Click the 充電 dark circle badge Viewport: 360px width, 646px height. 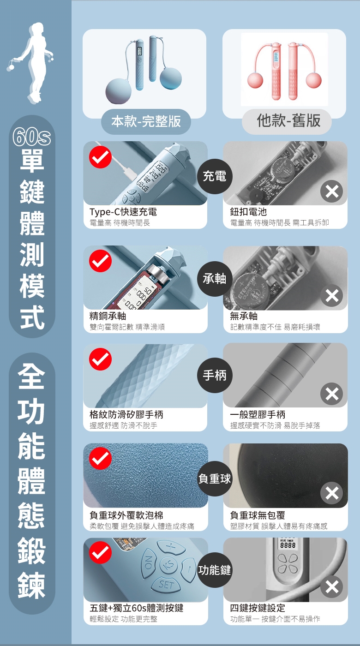click(215, 176)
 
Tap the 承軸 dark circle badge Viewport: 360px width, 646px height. click(215, 279)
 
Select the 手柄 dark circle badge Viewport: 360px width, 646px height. click(215, 375)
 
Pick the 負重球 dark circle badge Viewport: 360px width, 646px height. click(215, 479)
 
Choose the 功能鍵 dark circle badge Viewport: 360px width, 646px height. click(215, 570)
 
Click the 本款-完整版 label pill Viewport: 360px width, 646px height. click(146, 121)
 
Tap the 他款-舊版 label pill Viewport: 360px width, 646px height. click(287, 121)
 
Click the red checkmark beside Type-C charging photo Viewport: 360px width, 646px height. click(101, 157)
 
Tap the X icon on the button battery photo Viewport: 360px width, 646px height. click(332, 191)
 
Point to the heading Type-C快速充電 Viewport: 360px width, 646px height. click(123, 212)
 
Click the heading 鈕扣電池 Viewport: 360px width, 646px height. click(248, 212)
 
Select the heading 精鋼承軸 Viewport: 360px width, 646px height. click(108, 316)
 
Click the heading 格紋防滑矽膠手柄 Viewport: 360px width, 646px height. click(126, 414)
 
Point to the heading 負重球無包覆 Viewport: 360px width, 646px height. click(258, 515)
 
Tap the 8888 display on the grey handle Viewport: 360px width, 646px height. click(288, 545)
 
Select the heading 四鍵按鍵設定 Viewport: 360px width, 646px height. click(258, 608)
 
